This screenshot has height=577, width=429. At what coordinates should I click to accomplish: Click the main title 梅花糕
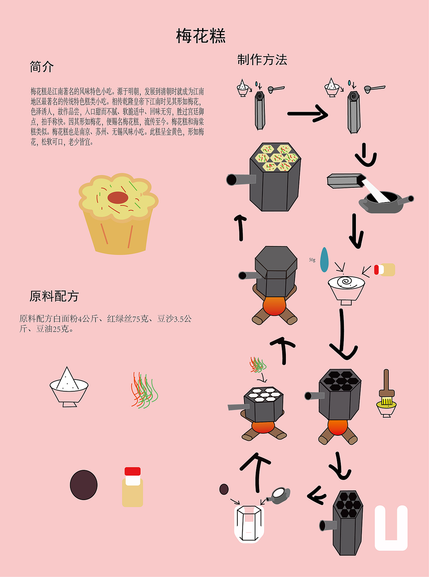tap(201, 36)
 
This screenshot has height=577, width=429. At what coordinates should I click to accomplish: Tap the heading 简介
tap(42, 67)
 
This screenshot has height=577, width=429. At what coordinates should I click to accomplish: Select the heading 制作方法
tap(262, 60)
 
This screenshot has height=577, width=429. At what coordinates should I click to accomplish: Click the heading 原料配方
tap(54, 296)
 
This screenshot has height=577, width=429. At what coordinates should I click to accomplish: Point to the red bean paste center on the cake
tap(118, 198)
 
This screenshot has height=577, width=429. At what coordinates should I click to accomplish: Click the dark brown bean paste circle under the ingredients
tap(83, 485)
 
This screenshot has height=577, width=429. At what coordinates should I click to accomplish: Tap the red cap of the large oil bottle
tap(132, 471)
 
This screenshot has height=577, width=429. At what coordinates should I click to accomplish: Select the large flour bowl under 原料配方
tap(69, 388)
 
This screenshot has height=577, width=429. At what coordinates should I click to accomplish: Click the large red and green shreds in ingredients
tap(144, 390)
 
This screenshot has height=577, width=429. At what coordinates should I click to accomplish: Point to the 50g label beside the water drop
tap(312, 260)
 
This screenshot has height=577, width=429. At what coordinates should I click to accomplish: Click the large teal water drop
tap(324, 260)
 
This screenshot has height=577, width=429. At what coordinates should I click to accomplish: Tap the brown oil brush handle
tap(386, 382)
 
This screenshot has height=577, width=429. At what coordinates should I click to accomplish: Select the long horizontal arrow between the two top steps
tap(307, 114)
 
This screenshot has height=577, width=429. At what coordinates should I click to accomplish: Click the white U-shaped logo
tap(391, 529)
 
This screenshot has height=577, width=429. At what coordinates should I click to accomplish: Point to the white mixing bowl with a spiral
tap(346, 288)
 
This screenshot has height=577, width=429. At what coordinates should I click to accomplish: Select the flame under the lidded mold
tap(274, 306)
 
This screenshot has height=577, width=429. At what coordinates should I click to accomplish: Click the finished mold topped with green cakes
tap(275, 177)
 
